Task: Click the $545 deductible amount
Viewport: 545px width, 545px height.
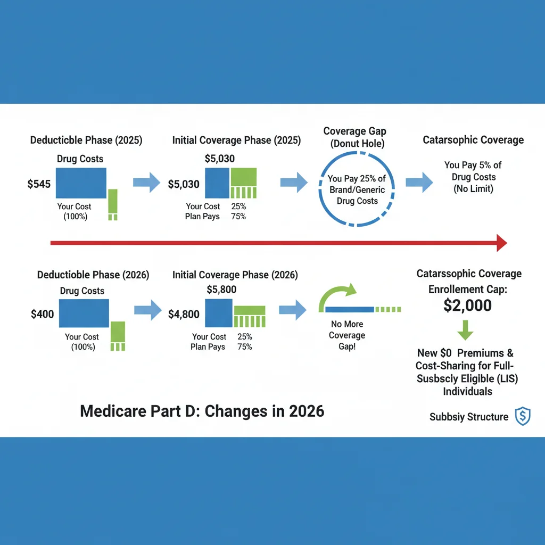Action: (x=39, y=184)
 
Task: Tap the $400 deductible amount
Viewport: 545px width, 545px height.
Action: (x=43, y=314)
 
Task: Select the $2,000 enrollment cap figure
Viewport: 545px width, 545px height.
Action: (x=468, y=305)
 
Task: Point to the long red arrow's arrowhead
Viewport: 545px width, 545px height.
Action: (x=501, y=243)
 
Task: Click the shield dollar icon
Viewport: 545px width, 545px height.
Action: (x=522, y=417)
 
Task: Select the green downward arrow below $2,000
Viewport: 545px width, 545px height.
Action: (x=466, y=330)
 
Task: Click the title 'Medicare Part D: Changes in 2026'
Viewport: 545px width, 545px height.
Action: (x=202, y=411)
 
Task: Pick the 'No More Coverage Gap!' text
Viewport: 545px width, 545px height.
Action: (x=347, y=335)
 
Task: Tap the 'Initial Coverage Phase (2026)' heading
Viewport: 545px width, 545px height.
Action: (x=235, y=275)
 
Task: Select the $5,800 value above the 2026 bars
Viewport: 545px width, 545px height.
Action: (x=221, y=290)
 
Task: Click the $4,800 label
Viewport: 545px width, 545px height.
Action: (x=184, y=314)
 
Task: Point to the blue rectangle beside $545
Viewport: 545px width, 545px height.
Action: (x=81, y=184)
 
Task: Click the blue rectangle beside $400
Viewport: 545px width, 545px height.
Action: (x=84, y=313)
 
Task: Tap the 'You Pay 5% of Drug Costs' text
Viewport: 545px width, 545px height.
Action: (x=473, y=177)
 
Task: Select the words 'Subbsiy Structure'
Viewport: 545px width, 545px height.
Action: (x=469, y=417)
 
